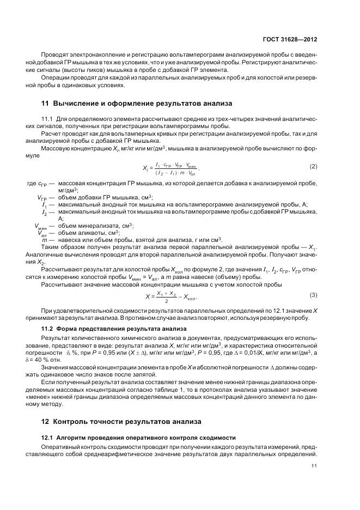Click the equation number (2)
(313, 166)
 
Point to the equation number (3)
(313, 295)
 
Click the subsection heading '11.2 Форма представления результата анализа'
(114, 329)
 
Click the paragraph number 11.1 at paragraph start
(47, 118)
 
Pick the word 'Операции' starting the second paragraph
(54, 77)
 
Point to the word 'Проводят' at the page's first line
(53, 54)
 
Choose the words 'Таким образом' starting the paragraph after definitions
(61, 247)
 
